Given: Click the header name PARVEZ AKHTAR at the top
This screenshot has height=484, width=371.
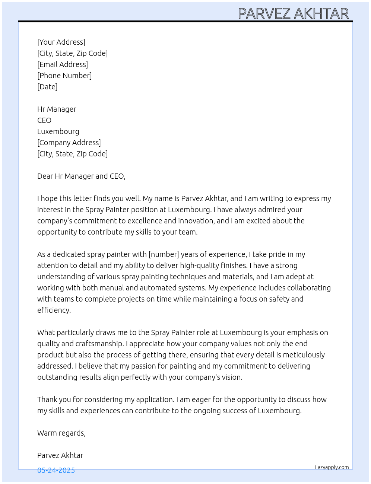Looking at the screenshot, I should (x=293, y=14).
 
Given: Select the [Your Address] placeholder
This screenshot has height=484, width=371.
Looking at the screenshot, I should (x=61, y=42).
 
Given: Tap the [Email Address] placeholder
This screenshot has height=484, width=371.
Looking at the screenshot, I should (x=63, y=64).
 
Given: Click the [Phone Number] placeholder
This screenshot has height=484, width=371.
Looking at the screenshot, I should (x=64, y=76).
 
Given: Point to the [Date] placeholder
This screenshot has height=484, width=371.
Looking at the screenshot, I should (x=47, y=87).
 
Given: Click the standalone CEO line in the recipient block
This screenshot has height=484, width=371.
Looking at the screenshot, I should (x=44, y=120).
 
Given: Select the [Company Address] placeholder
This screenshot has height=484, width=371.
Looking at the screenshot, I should (x=69, y=143).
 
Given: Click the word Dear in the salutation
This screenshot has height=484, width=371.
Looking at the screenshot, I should (x=45, y=176).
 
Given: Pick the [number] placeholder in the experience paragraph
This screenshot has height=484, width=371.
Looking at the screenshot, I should (x=164, y=254).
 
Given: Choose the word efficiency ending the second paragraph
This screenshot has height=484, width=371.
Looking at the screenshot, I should (x=54, y=310).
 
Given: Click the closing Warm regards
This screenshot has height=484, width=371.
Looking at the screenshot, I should (x=61, y=433).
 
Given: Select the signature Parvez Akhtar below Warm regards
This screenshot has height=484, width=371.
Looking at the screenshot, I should (x=60, y=455).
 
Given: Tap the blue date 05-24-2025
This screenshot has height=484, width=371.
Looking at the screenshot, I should (x=56, y=470).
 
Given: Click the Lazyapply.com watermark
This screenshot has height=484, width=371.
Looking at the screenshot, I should (x=332, y=467).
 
